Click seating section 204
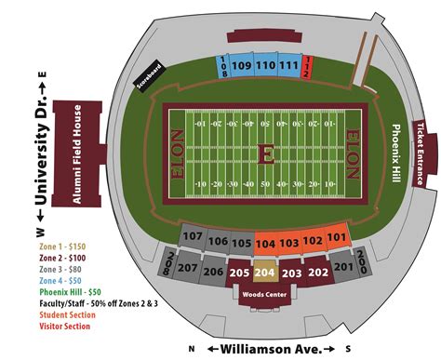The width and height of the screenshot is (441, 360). (x=265, y=273)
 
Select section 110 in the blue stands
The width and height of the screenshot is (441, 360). (x=266, y=66)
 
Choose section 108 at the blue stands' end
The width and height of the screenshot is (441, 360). (x=223, y=67)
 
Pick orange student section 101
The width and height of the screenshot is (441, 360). (x=336, y=238)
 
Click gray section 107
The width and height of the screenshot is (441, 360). (x=193, y=238)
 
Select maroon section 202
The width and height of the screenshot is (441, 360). (x=318, y=272)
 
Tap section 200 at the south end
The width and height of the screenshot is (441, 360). (x=362, y=266)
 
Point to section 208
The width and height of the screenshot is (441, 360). (x=167, y=266)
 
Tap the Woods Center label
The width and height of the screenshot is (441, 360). (x=265, y=295)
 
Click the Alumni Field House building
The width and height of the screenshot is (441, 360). (x=78, y=153)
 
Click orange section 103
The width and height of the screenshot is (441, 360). (x=289, y=243)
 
